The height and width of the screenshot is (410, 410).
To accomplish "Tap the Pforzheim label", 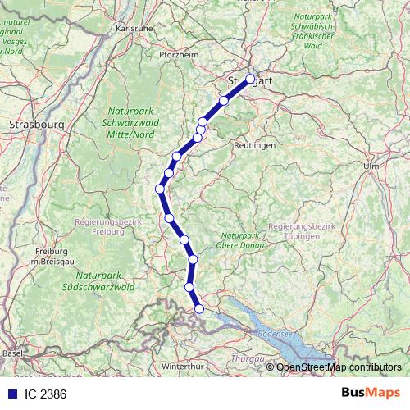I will pyautogui.click(x=179, y=55).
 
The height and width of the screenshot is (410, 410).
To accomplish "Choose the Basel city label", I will pyautogui.click(x=12, y=353).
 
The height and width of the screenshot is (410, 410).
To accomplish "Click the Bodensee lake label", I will pyautogui.click(x=274, y=334).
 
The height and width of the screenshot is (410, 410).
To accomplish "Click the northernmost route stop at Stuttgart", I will pyautogui.click(x=250, y=80).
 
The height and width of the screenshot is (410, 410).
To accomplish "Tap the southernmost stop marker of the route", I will pyautogui.click(x=199, y=308).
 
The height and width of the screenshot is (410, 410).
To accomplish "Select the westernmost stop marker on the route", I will pyautogui.click(x=161, y=189).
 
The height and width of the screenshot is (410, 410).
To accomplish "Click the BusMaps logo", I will pyautogui.click(x=371, y=393).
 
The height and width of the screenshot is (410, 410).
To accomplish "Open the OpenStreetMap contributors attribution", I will pyautogui.click(x=339, y=367).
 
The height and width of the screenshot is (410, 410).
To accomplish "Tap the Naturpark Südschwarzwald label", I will pyautogui.click(x=98, y=282).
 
